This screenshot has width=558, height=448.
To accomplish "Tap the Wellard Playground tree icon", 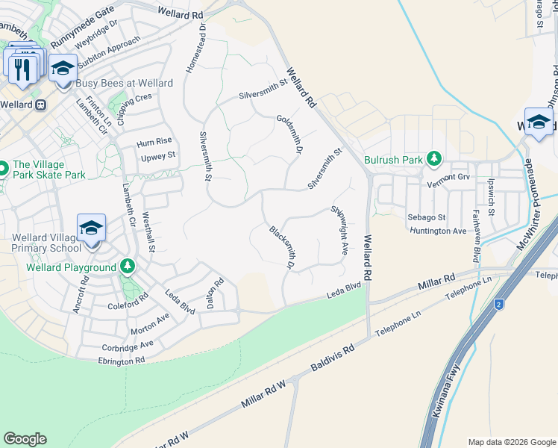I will (x=128, y=267).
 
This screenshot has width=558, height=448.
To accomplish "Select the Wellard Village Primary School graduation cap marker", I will (x=91, y=228).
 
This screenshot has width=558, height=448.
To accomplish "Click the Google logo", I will (x=25, y=439).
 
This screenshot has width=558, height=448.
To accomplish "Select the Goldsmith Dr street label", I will (x=288, y=134).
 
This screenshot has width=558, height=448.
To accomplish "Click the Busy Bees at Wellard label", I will (x=125, y=84).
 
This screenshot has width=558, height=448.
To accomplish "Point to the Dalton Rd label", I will (x=216, y=293).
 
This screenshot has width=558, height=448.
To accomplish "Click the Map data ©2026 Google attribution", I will (x=511, y=442).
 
